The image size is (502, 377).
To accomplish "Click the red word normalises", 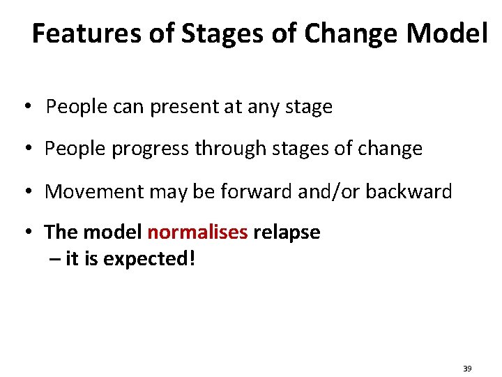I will pos(197,232).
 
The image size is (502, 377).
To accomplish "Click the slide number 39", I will pos(466,368).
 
